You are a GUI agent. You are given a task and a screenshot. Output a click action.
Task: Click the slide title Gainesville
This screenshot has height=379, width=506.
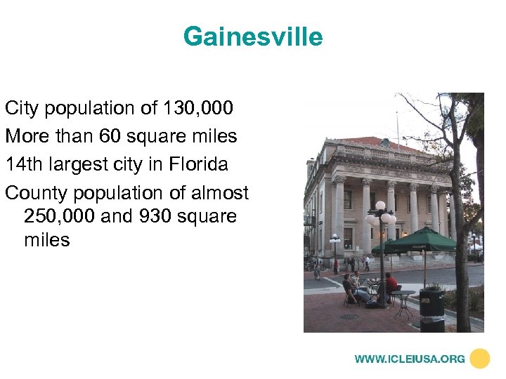pyautogui.click(x=253, y=36)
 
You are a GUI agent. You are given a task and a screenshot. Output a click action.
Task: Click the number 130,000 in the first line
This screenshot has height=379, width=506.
pyautogui.click(x=198, y=108)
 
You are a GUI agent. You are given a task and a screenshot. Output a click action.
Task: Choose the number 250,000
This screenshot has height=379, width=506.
pyautogui.click(x=60, y=216)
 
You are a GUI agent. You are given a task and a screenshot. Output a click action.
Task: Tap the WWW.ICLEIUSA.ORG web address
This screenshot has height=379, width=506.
pyautogui.click(x=409, y=359)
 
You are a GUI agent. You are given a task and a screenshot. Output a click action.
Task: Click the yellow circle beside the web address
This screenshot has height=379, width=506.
pyautogui.click(x=479, y=359)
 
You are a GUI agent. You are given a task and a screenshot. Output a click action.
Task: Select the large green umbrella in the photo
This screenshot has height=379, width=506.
pyautogui.click(x=421, y=239)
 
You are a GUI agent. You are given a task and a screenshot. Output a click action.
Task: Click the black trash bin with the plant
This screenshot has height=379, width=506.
pyautogui.click(x=432, y=310)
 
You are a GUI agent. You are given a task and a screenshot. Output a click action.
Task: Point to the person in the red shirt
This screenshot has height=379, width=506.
pyautogui.click(x=391, y=284)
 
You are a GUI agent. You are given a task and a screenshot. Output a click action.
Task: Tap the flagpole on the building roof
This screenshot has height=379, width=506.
pyautogui.click(x=397, y=123)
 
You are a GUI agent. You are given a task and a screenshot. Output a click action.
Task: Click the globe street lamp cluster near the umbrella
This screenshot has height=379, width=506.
pyautogui.click(x=380, y=215)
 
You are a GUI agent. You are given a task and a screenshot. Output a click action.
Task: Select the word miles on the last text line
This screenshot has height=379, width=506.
pyautogui.click(x=47, y=240)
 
